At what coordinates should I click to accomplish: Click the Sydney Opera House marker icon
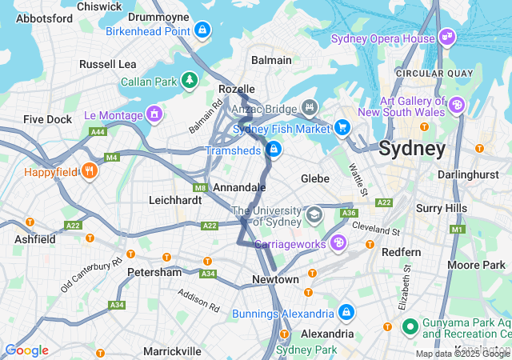[x=446, y=38]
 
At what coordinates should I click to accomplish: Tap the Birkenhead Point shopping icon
[x=202, y=30]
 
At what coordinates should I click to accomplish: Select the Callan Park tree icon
[x=189, y=80]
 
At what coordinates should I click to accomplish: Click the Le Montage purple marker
[x=153, y=114]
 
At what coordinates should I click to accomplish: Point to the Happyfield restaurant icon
[x=89, y=170]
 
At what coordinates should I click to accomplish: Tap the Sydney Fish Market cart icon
[x=342, y=128]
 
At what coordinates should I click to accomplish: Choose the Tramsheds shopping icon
[x=274, y=149]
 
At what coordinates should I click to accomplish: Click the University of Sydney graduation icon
[x=314, y=215]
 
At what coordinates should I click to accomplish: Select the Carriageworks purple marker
[x=339, y=242]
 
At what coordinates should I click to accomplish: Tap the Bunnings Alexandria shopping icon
[x=346, y=312]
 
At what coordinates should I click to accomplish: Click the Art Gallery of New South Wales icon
[x=457, y=105]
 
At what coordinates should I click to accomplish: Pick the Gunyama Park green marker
[x=410, y=326]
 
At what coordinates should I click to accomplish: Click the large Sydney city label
[x=412, y=148]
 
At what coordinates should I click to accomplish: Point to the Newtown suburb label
[x=275, y=279]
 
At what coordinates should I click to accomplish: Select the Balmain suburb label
[x=271, y=60]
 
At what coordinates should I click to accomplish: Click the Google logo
[x=26, y=350]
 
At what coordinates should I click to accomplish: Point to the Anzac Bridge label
[x=265, y=109]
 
